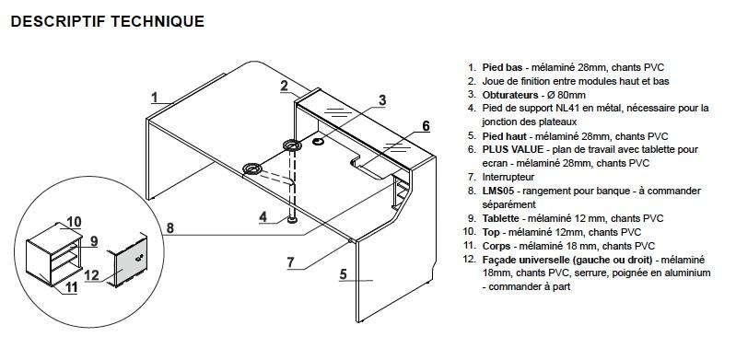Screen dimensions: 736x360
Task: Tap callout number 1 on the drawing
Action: pos(155,98)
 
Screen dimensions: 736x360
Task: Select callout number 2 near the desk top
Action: pos(285,86)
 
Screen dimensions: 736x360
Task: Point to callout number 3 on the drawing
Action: pos(382,100)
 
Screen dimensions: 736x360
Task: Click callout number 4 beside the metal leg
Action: pos(263,216)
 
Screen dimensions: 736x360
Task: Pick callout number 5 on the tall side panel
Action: pos(343,274)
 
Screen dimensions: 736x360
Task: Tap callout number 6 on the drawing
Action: pos(426,126)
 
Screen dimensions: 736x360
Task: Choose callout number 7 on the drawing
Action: pos(291,261)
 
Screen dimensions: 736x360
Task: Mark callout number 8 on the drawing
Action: pos(169,228)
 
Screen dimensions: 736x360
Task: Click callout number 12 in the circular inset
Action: pos(92,274)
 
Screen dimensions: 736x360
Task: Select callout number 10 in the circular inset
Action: pos(75,222)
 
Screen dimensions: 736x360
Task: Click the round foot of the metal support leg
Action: pos(292,220)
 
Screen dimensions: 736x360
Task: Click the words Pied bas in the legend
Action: pos(502,67)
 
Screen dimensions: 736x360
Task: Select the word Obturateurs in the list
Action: pos(510,95)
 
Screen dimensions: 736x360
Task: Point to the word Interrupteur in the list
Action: pos(508,177)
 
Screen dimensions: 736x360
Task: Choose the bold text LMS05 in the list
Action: pos(498,191)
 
